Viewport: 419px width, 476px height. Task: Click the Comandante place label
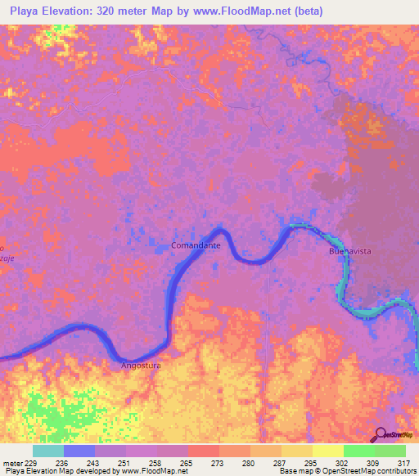pos(196,245)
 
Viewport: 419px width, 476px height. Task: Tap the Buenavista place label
pos(350,252)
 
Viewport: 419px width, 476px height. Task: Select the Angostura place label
pos(142,366)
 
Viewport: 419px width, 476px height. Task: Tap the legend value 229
pos(33,463)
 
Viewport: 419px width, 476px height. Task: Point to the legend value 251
pos(126,463)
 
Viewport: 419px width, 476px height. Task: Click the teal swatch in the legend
pos(48,451)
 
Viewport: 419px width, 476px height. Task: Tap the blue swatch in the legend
pos(79,451)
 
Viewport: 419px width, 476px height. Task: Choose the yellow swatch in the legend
pos(328,451)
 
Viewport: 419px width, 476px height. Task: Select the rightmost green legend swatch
pos(390,451)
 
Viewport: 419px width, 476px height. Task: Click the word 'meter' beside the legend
pos(12,463)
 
